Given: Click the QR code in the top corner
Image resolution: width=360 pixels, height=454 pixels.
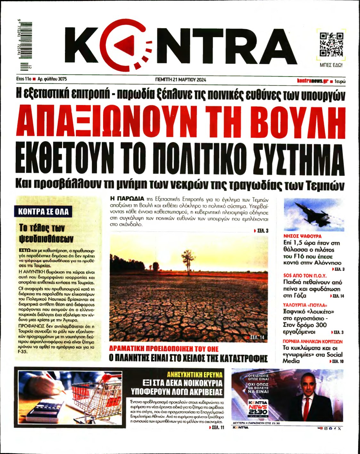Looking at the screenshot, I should coord(331,44).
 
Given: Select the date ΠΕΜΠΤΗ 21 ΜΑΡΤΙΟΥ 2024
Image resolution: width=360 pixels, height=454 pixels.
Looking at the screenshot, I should coord(180,80).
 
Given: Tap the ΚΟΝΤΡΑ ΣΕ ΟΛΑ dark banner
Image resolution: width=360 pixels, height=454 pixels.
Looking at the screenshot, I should coord(43,212).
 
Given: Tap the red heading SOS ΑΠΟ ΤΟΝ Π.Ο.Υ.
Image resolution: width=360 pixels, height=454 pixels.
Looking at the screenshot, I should coord(305,276).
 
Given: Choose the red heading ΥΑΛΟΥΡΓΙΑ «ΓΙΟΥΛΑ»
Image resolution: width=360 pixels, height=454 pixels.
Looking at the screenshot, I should coord(305,305).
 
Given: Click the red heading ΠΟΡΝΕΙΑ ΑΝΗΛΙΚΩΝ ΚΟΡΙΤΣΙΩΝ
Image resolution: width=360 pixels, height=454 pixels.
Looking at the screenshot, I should coord(313,342).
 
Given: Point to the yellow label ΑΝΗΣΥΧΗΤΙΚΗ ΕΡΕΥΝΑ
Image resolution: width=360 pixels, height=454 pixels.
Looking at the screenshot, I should coord(195,374).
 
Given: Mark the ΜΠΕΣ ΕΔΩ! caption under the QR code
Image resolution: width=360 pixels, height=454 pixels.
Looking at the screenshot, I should coord(331,65).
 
